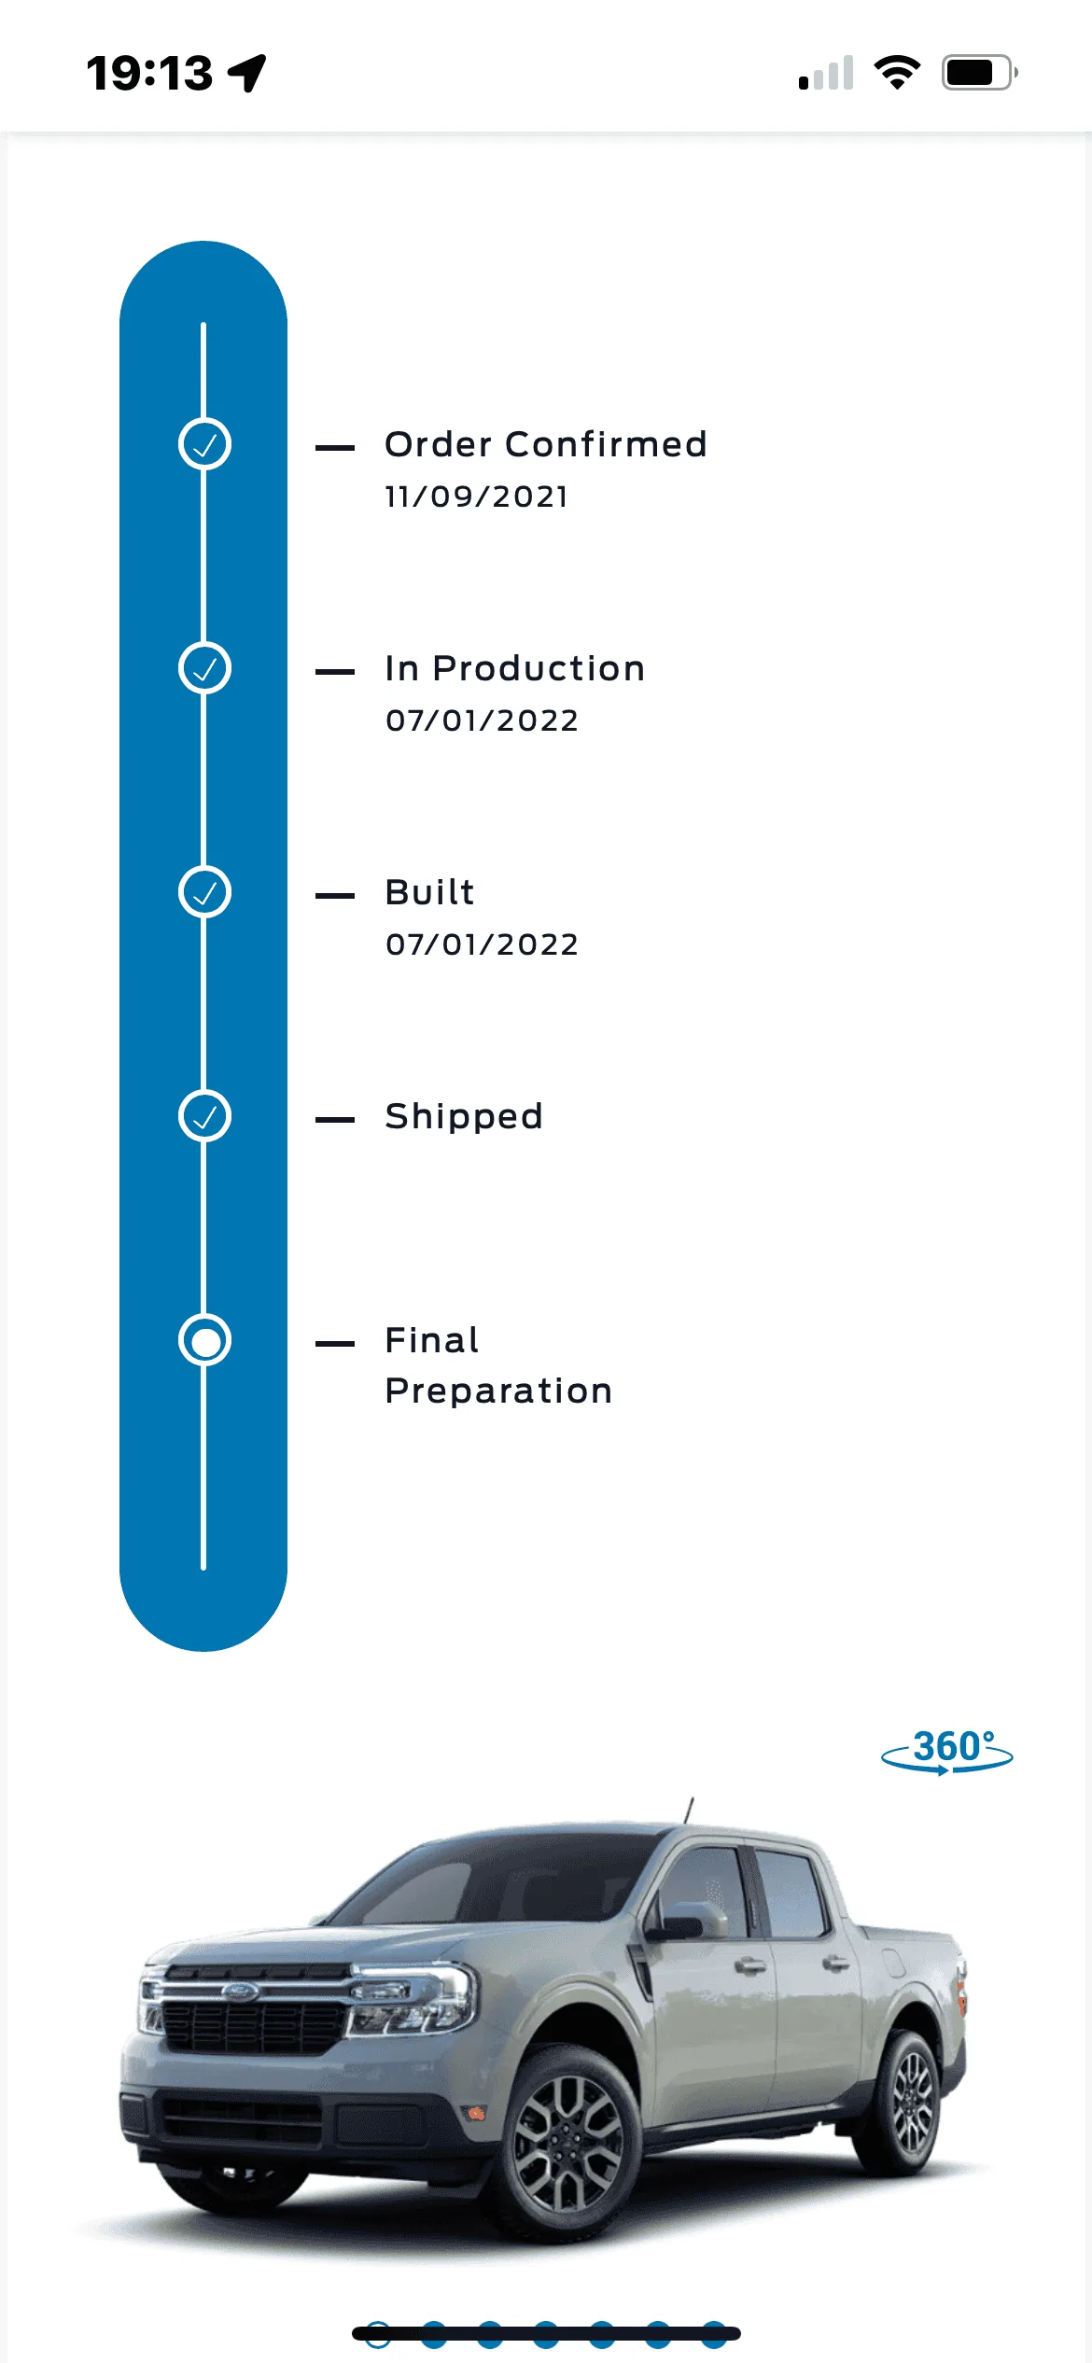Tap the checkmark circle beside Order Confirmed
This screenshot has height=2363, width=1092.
pos(204,444)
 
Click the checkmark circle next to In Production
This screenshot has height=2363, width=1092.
pos(204,668)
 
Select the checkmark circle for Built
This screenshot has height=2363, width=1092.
pos(204,892)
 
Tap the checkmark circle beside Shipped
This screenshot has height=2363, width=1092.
pos(204,1116)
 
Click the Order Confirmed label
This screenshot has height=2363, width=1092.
pos(546,444)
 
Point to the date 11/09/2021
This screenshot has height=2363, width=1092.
pos(476,496)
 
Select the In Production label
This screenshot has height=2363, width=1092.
pos(515,668)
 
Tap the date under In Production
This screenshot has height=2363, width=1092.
pos(482,720)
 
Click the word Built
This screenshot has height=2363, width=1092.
pos(430,892)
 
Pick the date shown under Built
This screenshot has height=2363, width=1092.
pos(482,944)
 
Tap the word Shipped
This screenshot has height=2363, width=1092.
pos(464,1117)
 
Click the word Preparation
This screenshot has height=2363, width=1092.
pos(498,1391)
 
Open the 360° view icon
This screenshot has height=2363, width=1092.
pos(947,1752)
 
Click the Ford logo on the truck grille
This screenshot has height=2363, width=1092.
pos(240,1991)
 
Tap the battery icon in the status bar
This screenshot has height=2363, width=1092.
pos(979,73)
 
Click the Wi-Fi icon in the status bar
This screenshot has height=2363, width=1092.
pos(897,73)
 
